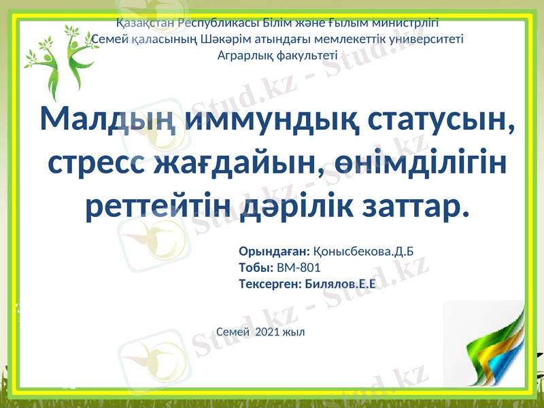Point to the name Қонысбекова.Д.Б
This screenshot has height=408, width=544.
click(x=363, y=252)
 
